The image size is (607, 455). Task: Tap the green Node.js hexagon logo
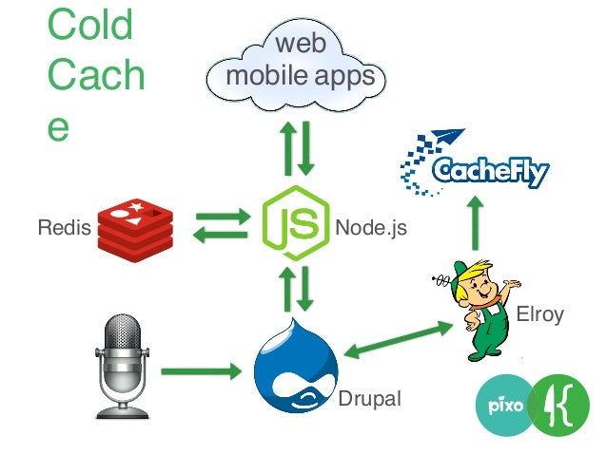click(295, 224)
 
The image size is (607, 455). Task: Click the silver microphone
click(124, 366)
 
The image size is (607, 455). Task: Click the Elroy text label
click(538, 315)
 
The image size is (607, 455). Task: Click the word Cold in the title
click(90, 27)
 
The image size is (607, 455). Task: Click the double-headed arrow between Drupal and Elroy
click(398, 339)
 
